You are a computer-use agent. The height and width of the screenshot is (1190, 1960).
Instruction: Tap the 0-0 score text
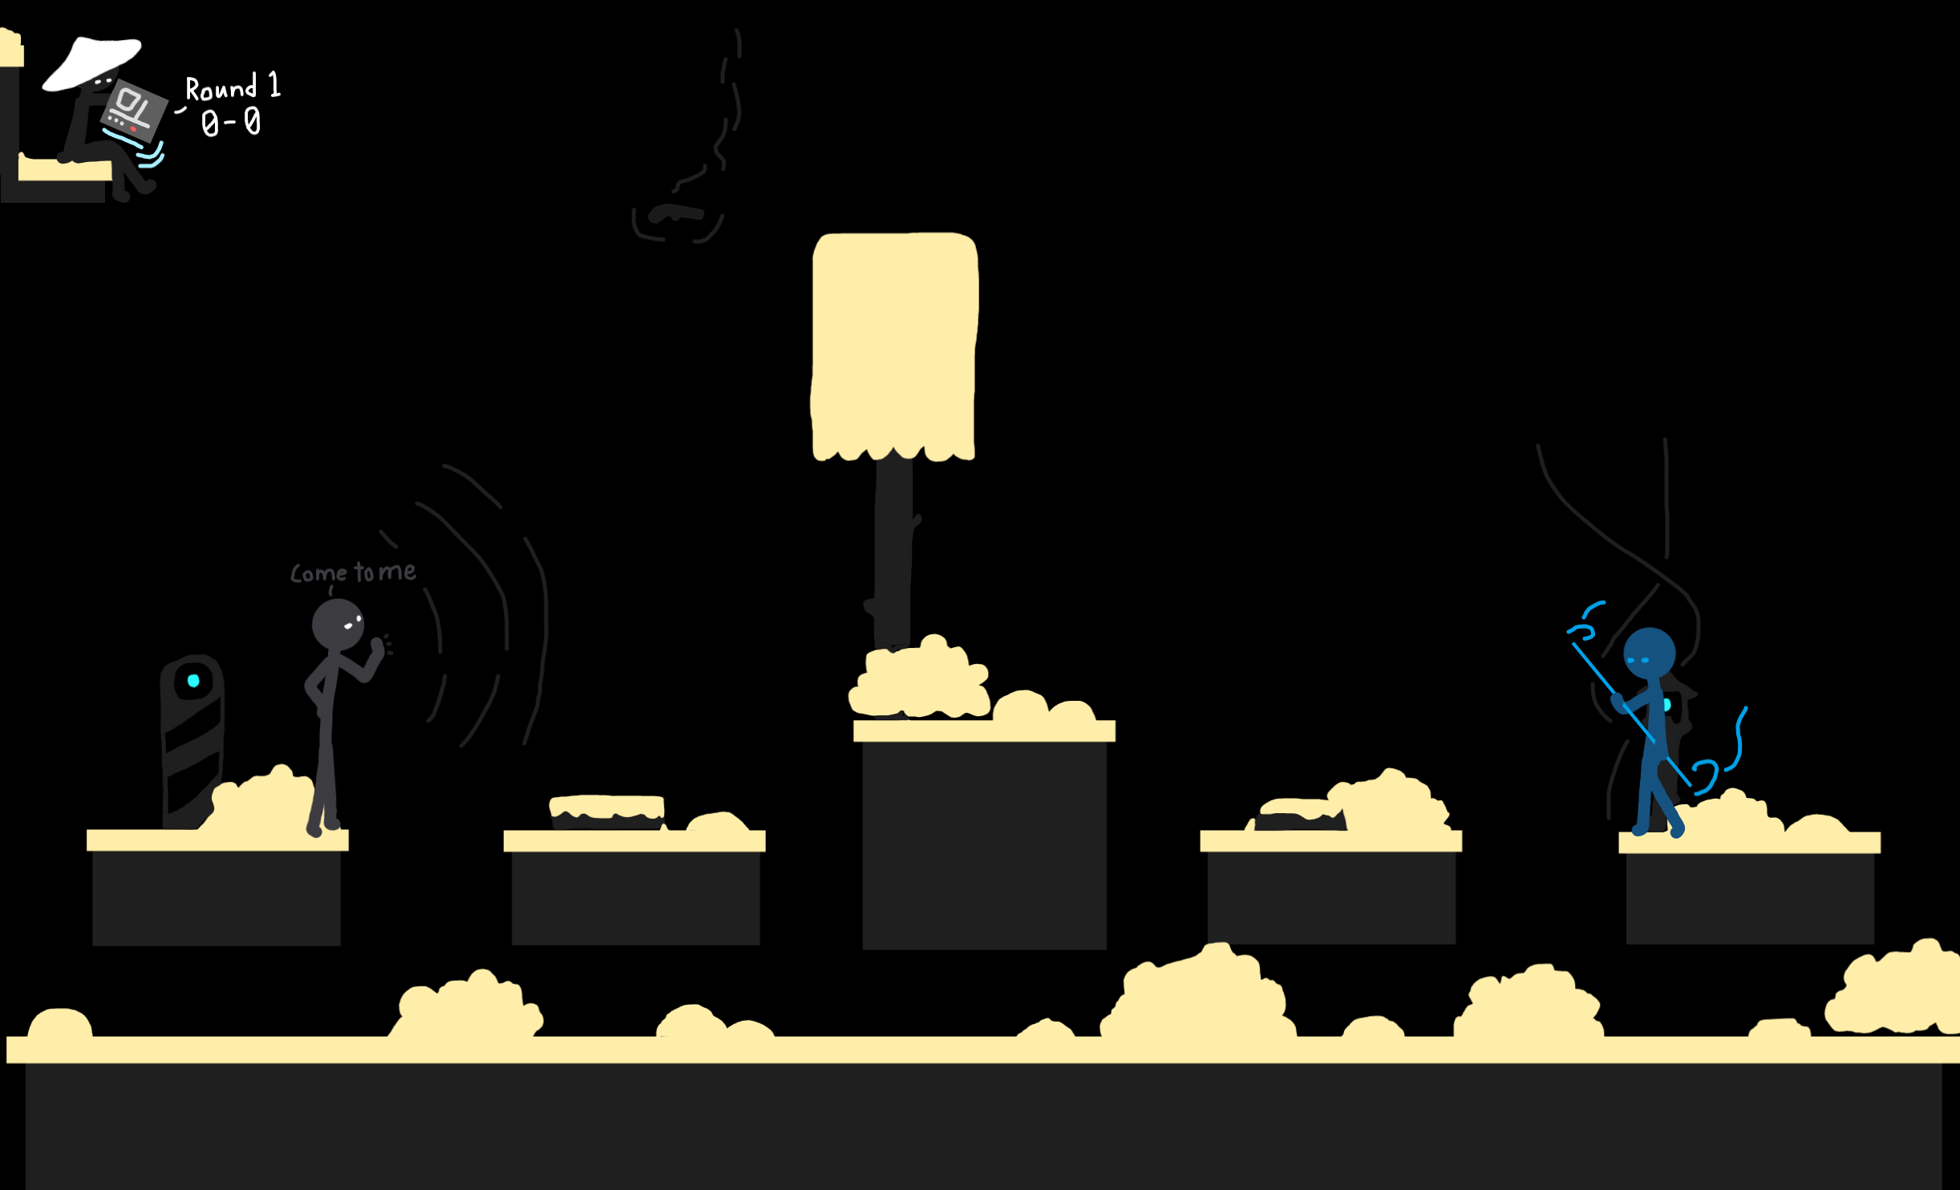[231, 123]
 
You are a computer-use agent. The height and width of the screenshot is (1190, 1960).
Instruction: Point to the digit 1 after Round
[274, 84]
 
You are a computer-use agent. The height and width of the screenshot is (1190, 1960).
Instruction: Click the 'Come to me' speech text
[353, 573]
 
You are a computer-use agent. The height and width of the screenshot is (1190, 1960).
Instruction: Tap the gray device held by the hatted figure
[134, 111]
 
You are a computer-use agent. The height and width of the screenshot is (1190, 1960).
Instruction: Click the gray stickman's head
[337, 624]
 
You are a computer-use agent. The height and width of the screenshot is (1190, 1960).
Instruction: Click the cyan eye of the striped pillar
[193, 681]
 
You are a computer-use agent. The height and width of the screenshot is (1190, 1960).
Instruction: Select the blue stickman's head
[1649, 654]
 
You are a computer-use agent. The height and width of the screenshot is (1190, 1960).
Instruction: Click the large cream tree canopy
[894, 345]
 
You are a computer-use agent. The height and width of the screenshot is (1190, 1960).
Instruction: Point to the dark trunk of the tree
[893, 553]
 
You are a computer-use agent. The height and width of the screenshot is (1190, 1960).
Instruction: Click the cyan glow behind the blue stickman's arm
[1667, 705]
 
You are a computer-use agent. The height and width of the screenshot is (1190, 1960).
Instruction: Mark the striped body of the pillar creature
[192, 754]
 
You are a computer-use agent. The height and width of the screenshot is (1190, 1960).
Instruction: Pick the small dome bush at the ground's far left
[59, 1023]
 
